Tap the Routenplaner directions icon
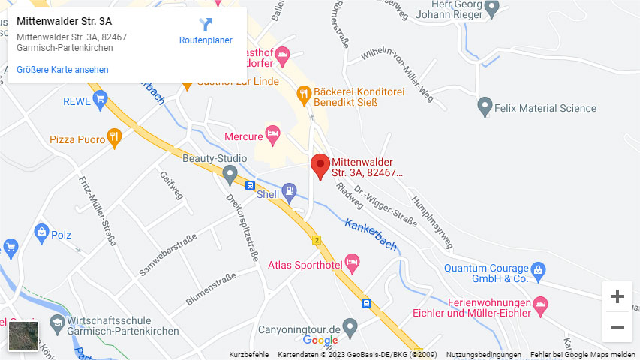[206, 25]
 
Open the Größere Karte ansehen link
[62, 70]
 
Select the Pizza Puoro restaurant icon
[114, 136]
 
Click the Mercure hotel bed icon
[273, 136]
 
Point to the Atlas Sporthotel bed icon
[353, 263]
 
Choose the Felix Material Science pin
[485, 107]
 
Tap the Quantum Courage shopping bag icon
[538, 268]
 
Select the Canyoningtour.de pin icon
[350, 328]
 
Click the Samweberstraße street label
[167, 254]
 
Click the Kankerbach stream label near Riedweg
[371, 233]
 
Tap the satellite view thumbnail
[23, 336]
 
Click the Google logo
[320, 341]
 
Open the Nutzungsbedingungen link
[483, 355]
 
